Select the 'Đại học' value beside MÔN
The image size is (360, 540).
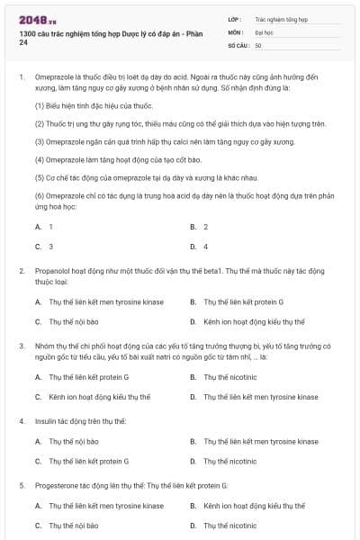[265, 31]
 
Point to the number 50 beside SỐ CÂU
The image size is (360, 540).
[258, 44]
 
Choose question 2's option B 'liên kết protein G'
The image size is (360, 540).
[243, 301]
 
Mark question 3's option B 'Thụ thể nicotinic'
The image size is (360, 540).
[229, 377]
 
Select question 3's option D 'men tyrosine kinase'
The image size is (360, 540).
[260, 396]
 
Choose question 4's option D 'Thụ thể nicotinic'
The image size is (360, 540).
[229, 461]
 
